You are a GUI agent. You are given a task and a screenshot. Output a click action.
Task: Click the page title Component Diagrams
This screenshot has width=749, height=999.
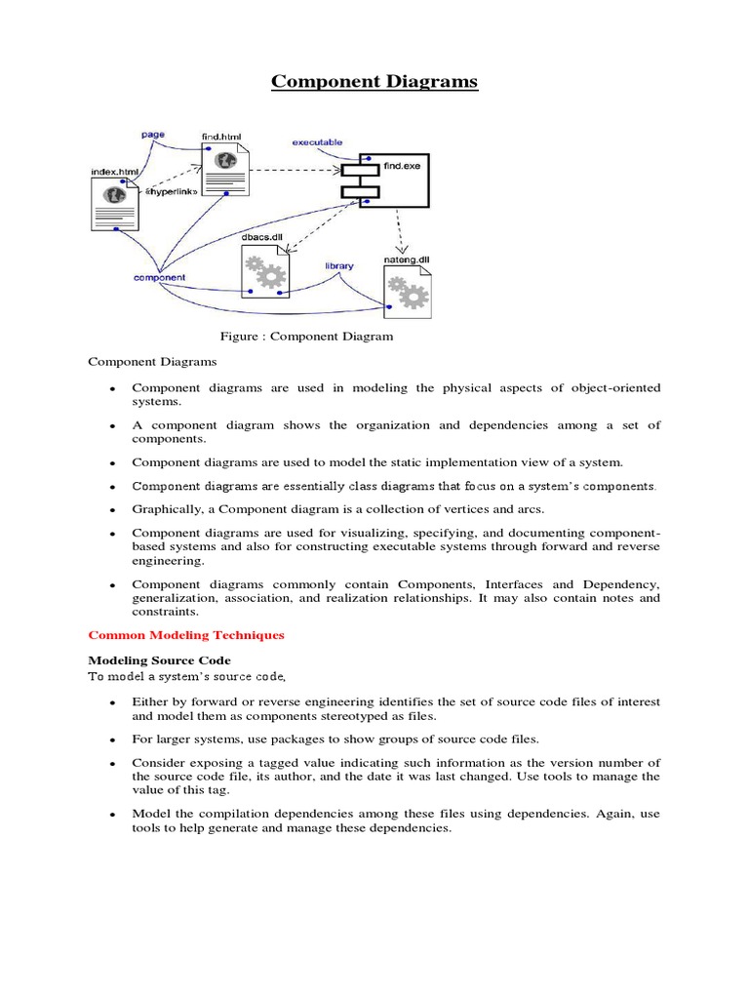[x=374, y=81]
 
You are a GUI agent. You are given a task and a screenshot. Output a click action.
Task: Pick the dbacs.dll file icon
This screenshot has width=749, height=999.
[x=265, y=272]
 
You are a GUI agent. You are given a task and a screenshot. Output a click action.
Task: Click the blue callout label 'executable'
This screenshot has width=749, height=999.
[x=317, y=142]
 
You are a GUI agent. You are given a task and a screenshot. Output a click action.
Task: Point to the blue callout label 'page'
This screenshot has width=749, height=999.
[x=152, y=135]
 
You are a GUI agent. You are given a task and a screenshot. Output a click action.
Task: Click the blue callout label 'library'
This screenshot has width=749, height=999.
[x=338, y=265]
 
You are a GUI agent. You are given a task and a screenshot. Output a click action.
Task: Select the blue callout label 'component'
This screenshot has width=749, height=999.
[x=159, y=277]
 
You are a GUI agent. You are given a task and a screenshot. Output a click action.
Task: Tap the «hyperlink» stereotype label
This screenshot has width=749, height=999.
[x=171, y=191]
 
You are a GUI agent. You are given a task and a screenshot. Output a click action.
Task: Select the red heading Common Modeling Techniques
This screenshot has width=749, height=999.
[x=186, y=635]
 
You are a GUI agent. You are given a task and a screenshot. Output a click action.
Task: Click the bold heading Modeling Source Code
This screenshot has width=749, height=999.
[x=160, y=660]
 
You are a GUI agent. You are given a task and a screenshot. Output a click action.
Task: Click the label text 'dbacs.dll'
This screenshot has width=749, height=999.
[x=260, y=236]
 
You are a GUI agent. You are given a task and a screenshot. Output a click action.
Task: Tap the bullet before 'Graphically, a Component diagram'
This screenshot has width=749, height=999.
[x=112, y=510]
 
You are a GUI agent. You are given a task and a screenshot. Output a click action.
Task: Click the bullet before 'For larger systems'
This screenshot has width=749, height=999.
[x=112, y=739]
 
